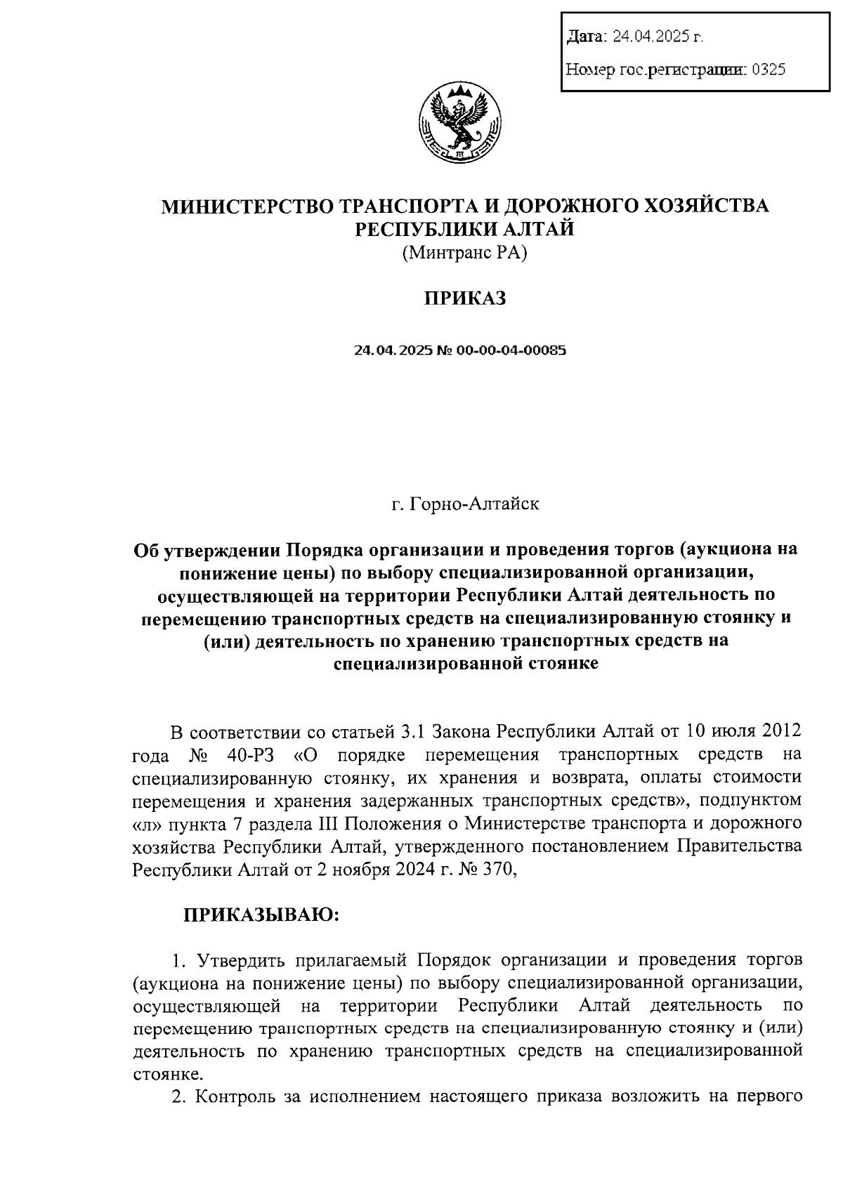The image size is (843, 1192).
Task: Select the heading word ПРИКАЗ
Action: (x=464, y=299)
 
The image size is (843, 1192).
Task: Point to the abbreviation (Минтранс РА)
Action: (x=464, y=253)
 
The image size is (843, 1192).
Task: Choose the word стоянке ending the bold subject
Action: (x=561, y=663)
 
